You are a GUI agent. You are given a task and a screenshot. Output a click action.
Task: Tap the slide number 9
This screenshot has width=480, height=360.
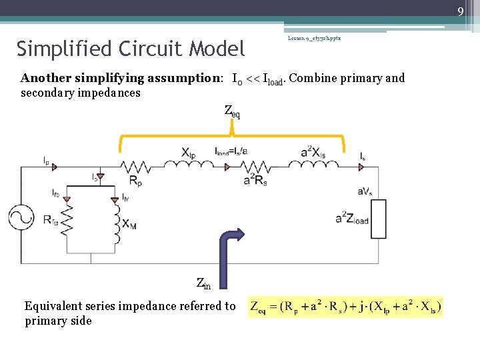click(461, 10)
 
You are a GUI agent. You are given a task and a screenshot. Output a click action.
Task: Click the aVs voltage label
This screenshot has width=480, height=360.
click(365, 191)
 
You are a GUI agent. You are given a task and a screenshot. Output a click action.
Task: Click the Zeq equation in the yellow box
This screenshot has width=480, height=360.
click(345, 307)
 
